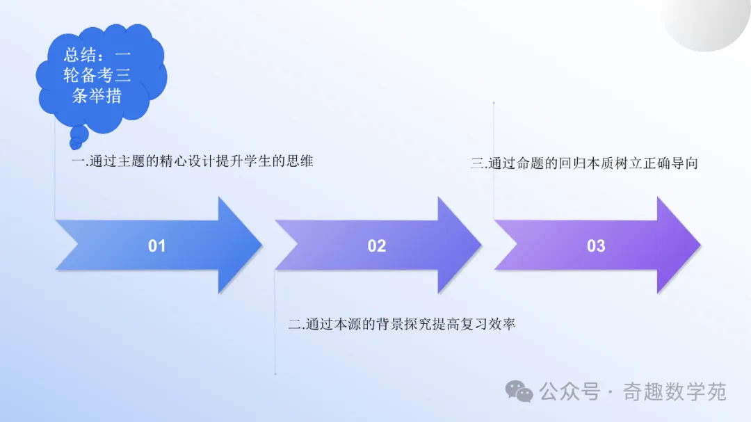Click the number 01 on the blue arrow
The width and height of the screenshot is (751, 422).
(156, 245)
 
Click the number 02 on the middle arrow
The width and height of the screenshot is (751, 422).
(376, 245)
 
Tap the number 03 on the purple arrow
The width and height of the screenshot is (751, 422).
(596, 245)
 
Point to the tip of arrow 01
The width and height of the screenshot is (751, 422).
(262, 245)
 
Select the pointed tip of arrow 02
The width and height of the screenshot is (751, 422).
(482, 245)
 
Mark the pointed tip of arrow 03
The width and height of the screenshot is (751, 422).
(701, 245)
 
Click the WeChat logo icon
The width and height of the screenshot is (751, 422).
(519, 391)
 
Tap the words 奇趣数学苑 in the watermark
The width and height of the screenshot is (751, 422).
(675, 392)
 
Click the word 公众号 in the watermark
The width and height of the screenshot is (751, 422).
(570, 392)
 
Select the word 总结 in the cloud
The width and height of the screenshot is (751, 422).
(80, 55)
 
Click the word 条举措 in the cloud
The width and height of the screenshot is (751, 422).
(97, 95)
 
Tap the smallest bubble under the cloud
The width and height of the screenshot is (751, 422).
(76, 143)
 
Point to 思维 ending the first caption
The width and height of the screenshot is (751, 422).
(300, 161)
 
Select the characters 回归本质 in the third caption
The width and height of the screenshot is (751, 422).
(587, 163)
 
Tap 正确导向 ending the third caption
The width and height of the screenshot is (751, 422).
(670, 163)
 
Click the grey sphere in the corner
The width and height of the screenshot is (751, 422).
(706, 23)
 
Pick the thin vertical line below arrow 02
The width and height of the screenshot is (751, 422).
(275, 322)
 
